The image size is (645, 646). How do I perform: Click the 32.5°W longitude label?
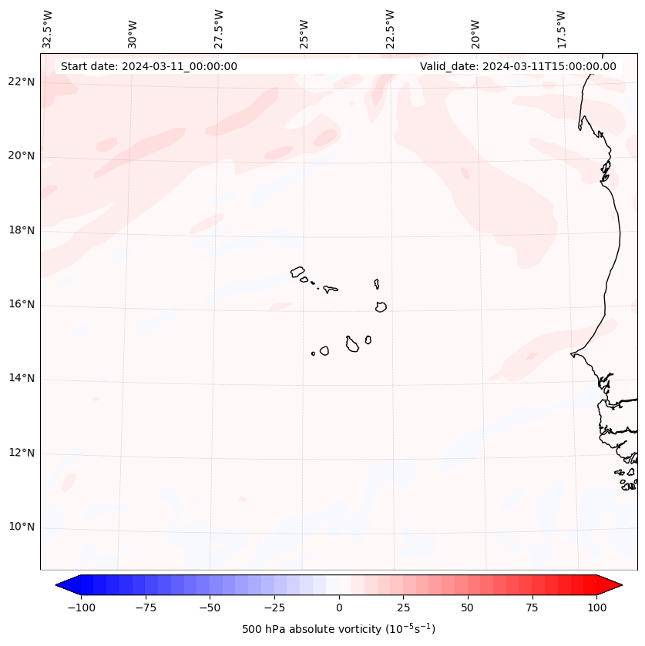[x=48, y=29]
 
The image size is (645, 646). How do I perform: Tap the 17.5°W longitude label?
[x=561, y=29]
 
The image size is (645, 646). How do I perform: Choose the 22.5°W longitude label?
[x=390, y=29]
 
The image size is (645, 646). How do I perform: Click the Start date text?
[x=149, y=66]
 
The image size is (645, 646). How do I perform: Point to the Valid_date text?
[x=518, y=66]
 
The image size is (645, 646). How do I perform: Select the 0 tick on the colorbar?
[x=339, y=608]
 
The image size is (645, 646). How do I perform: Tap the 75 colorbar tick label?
[x=532, y=608]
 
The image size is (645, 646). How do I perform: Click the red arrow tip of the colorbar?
[x=616, y=585]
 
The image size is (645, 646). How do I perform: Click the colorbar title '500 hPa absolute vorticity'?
[x=338, y=629]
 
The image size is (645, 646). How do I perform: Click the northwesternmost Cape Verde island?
[x=297, y=272]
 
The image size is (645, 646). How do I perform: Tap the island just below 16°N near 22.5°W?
[x=381, y=306]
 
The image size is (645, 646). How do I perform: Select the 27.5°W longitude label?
[x=219, y=29]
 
